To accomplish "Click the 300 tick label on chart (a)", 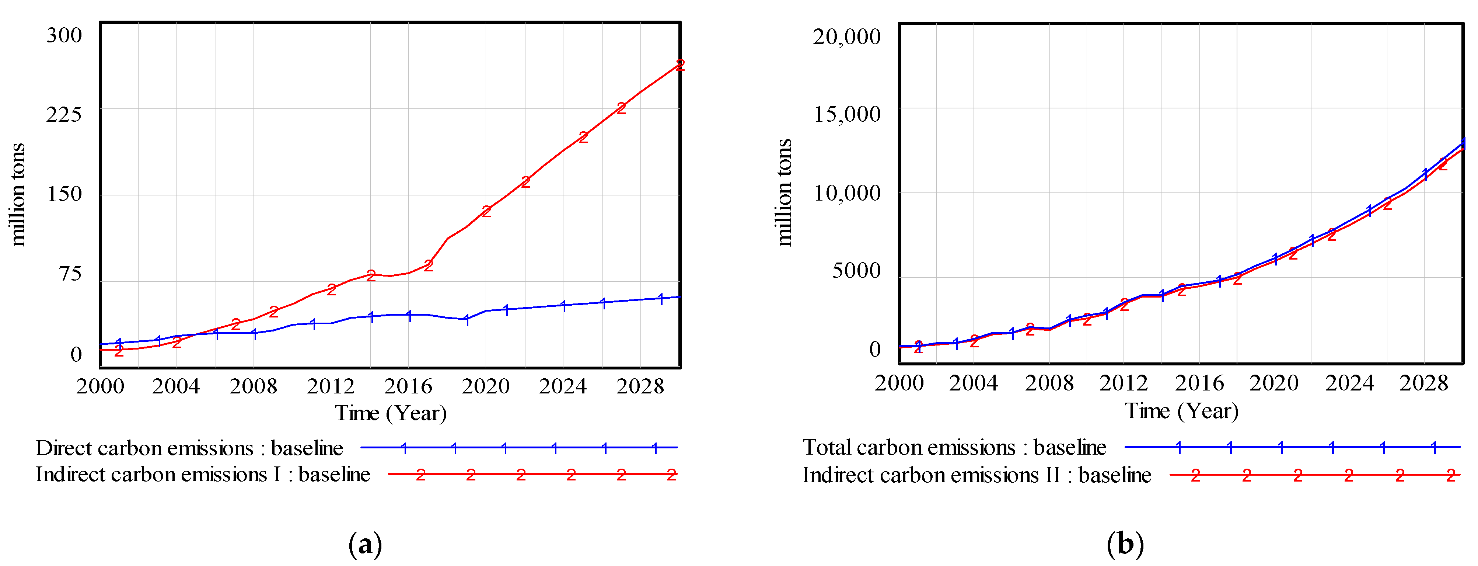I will (64, 36).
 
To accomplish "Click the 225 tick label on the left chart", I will (64, 114).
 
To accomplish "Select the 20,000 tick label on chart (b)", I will (846, 37).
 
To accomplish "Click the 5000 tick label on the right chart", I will (856, 270).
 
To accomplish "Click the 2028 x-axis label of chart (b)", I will (1423, 383).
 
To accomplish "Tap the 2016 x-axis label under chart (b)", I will (1199, 383).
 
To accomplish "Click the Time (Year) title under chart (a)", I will (390, 413).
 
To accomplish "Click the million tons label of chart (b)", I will (784, 192).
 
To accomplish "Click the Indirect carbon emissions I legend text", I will (203, 475).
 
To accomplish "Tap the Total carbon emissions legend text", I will (954, 447).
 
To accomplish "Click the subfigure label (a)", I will (365, 544).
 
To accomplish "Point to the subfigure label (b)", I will (1125, 544).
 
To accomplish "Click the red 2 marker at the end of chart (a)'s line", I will (680, 65).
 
